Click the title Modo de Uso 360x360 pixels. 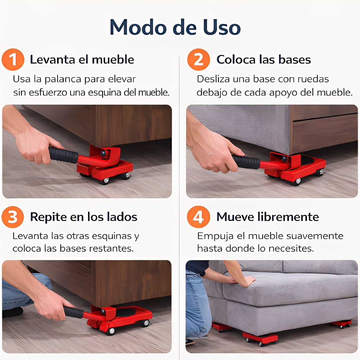175,27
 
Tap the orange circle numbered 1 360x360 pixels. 13,59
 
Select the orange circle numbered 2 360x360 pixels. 199,59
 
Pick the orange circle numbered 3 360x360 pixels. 13,217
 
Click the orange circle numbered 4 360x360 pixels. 199,217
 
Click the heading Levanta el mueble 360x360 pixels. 82,60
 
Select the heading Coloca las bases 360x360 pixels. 264,60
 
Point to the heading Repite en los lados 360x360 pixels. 84,217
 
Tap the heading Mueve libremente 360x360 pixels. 267,217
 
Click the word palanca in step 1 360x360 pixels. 63,80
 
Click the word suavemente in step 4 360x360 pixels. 315,236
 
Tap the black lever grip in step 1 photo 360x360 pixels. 63,155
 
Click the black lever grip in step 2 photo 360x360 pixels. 246,162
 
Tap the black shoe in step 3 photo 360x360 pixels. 12,312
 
